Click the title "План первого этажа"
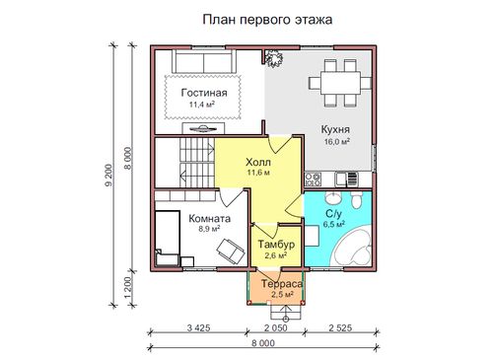[x=267, y=20]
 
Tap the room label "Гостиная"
[x=204, y=93]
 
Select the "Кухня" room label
[x=335, y=129]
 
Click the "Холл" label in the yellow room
[x=258, y=163]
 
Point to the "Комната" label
[x=210, y=219]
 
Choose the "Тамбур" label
[x=276, y=245]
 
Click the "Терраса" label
[x=282, y=284]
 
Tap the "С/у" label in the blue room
[x=333, y=214]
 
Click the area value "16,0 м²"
[x=336, y=142]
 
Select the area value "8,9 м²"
[x=209, y=229]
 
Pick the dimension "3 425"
[x=198, y=327]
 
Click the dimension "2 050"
[x=275, y=327]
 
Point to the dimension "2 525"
[x=340, y=327]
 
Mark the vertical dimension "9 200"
[x=108, y=175]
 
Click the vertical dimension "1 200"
[x=128, y=287]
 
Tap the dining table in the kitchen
[x=340, y=83]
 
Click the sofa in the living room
[x=204, y=61]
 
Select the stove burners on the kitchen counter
[x=313, y=180]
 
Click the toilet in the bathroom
[x=356, y=199]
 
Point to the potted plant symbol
[x=273, y=58]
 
